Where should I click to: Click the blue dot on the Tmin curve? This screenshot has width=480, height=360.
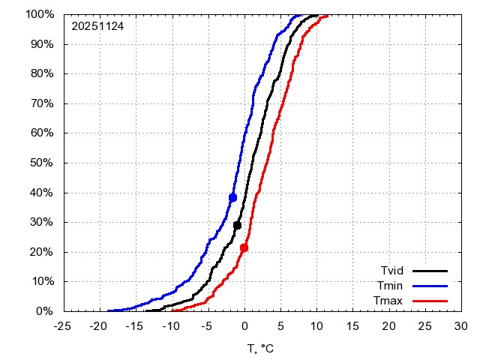click(232, 198)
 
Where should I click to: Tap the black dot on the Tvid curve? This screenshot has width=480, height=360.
click(237, 225)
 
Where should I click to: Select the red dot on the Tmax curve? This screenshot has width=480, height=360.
click(244, 247)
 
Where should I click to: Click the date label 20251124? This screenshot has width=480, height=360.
click(97, 26)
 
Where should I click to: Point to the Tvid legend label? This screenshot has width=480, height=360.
click(391, 271)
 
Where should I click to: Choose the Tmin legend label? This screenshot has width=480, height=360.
click(391, 286)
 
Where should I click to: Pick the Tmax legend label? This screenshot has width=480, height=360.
click(389, 301)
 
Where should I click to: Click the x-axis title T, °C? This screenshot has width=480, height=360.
click(262, 349)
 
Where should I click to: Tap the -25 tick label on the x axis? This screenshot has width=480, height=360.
click(62, 326)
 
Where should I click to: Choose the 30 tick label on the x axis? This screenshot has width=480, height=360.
click(461, 326)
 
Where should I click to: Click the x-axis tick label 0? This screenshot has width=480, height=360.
click(244, 326)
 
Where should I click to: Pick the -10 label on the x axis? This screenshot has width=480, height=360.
click(171, 326)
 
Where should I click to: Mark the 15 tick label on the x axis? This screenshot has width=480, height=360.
click(352, 326)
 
